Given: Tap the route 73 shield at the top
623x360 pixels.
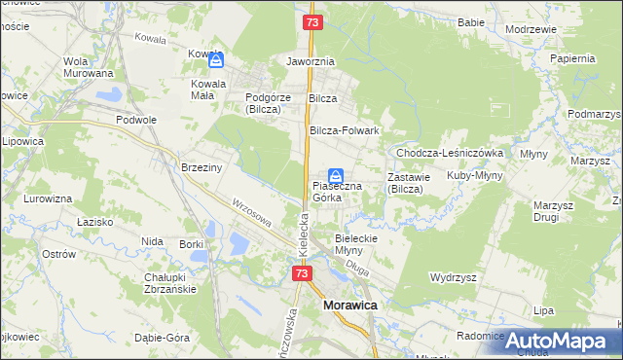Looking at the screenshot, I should (311, 21).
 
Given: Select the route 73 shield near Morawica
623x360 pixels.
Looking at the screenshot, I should (302, 274).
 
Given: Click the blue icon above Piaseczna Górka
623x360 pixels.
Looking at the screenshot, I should (335, 177).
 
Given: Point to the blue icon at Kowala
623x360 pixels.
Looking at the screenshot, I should (216, 60).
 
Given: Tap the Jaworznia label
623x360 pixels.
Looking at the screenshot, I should (311, 61).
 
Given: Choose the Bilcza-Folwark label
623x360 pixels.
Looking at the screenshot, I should (344, 130).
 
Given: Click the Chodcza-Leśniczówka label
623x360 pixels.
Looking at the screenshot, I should (449, 153).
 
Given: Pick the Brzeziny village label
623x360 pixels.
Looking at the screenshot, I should (202, 167).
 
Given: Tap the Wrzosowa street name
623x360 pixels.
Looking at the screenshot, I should (250, 215).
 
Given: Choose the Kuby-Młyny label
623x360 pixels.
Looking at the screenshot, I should (473, 176).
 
